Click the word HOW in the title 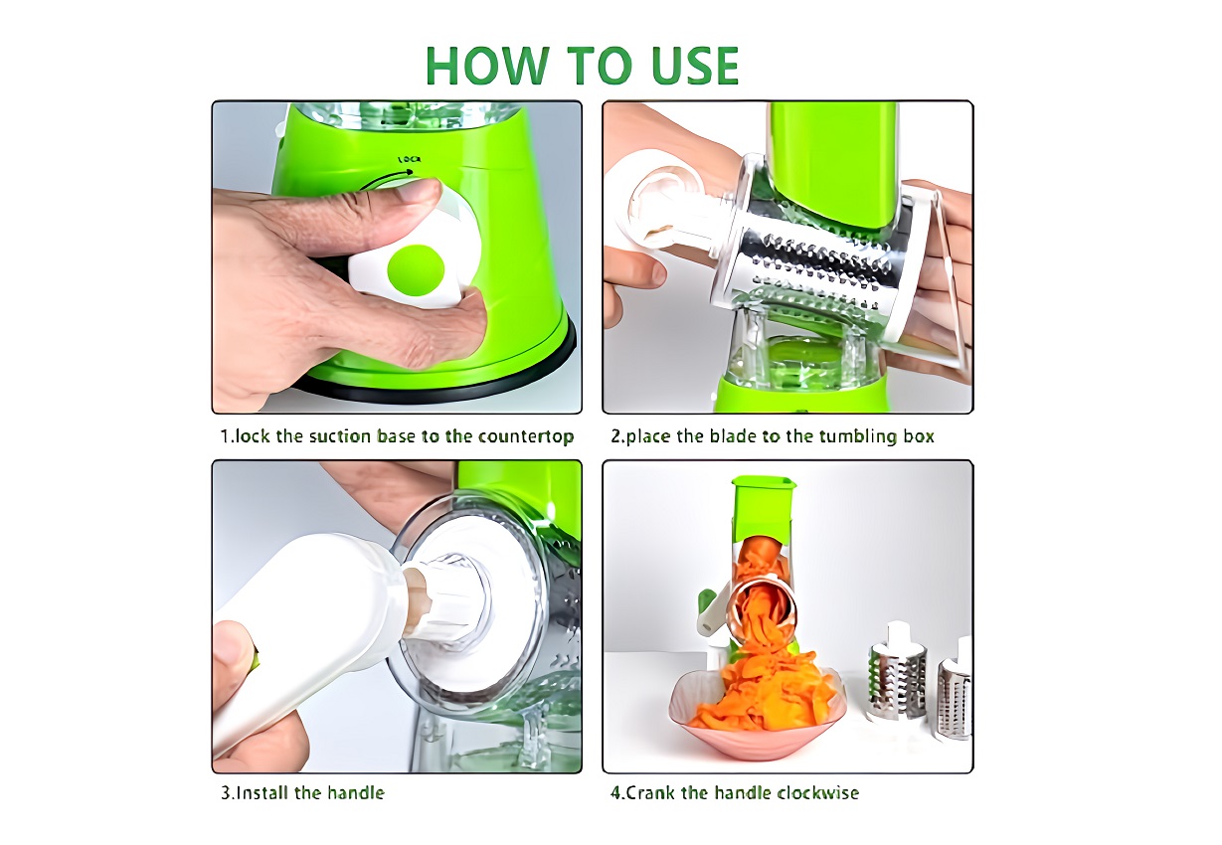click(x=486, y=66)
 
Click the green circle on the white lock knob click(x=416, y=270)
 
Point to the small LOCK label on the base click(x=409, y=159)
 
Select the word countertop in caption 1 click(x=526, y=437)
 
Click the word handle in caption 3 click(x=356, y=792)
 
